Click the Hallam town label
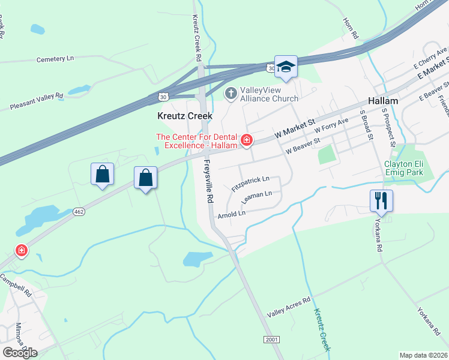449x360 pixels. pos(382,101)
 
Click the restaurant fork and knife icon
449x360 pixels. pos(381,200)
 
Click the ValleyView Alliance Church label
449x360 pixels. pos(269,94)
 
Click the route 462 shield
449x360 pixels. pos(79,212)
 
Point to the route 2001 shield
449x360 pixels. pos(271,340)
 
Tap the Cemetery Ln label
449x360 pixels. pos(55,59)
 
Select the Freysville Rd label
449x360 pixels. pos(208,181)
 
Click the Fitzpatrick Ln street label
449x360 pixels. pos(251,183)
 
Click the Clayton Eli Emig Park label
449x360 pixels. pos(403,168)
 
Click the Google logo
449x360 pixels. pos(20,352)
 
